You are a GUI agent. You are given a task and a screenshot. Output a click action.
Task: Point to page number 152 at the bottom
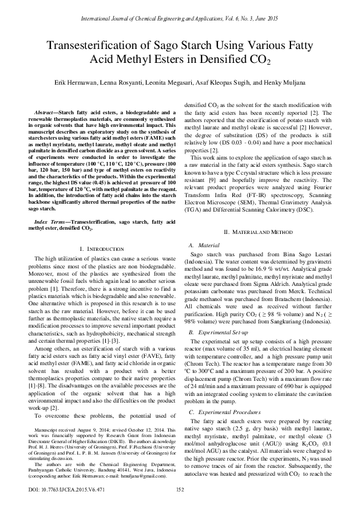pos(180,490)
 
